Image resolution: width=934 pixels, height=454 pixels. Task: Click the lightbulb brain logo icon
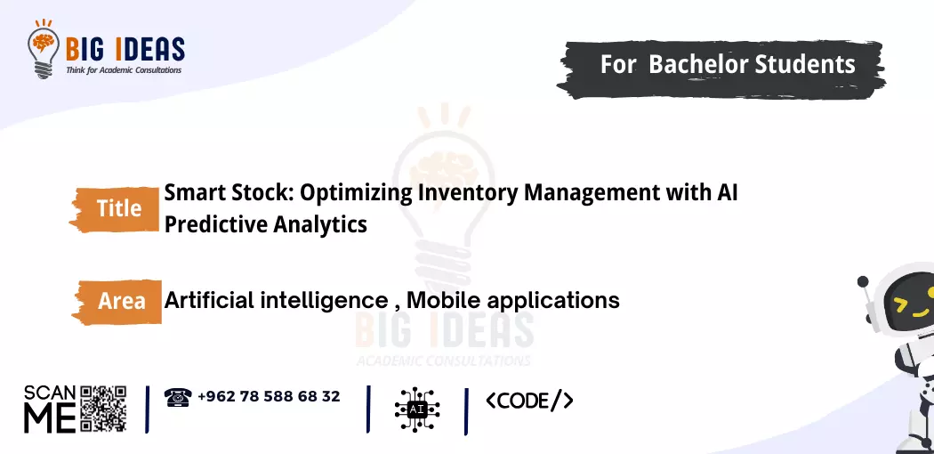pos(44,49)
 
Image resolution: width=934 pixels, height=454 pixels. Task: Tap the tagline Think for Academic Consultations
pos(124,70)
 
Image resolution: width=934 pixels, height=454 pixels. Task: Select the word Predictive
pos(215,224)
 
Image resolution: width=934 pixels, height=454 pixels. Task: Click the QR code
pos(103,409)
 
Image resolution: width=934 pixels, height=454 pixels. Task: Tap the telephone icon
pos(177,397)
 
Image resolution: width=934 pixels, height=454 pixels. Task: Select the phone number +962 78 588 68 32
pos(270,396)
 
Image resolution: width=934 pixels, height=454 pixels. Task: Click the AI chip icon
pos(417,409)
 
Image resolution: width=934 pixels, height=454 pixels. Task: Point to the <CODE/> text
pos(529,401)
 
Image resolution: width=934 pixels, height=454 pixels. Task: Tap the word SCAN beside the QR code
pos(50,393)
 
